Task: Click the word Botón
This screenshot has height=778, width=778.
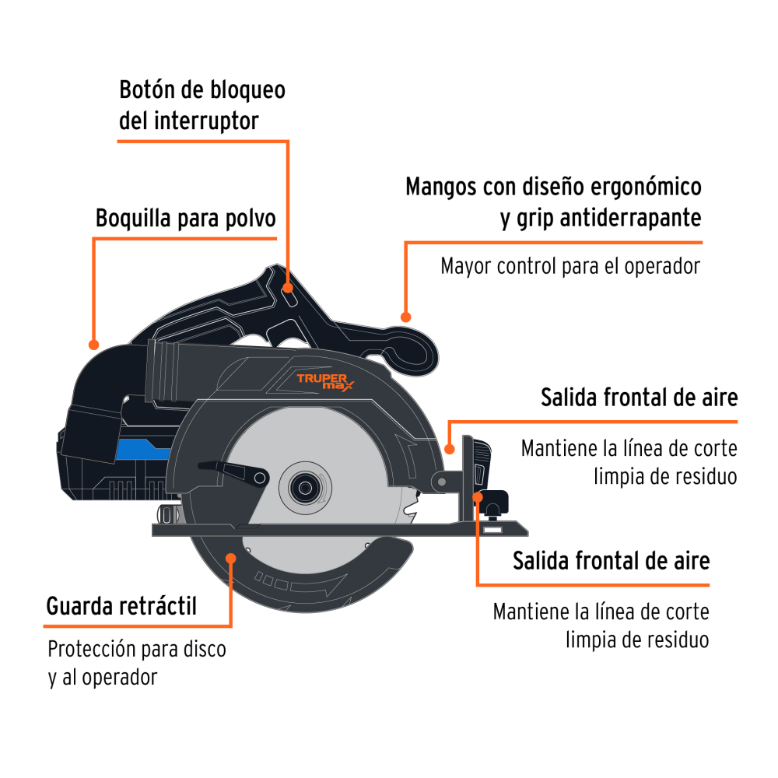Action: [x=146, y=90]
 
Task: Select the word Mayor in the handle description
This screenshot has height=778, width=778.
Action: [x=466, y=266]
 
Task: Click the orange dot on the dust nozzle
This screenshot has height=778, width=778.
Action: [x=93, y=344]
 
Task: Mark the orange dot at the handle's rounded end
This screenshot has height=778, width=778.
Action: [x=405, y=317]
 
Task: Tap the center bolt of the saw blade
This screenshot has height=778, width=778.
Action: [x=301, y=487]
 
